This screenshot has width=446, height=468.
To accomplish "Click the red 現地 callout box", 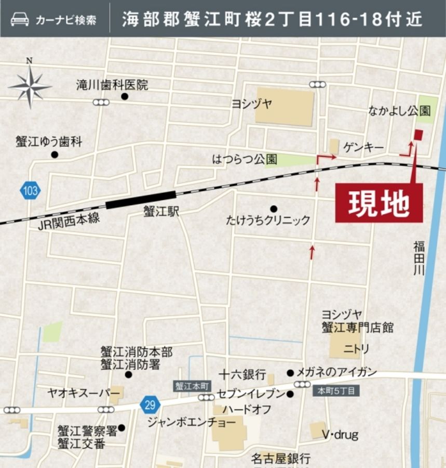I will [x=379, y=203].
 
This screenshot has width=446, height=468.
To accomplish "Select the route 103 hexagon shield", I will [x=30, y=191].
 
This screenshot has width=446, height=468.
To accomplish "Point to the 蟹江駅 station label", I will [x=161, y=212].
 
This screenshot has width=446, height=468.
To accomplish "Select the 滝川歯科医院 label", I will [x=112, y=85].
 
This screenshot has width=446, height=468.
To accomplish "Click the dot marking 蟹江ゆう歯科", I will [x=55, y=154].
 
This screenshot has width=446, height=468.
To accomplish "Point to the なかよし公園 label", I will [x=399, y=111].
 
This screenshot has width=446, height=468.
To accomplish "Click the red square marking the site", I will [x=418, y=135].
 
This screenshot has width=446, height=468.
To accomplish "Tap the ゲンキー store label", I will [x=363, y=148].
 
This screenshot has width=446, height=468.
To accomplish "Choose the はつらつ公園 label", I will [x=245, y=159].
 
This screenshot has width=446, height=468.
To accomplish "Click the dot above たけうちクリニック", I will [x=274, y=209].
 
